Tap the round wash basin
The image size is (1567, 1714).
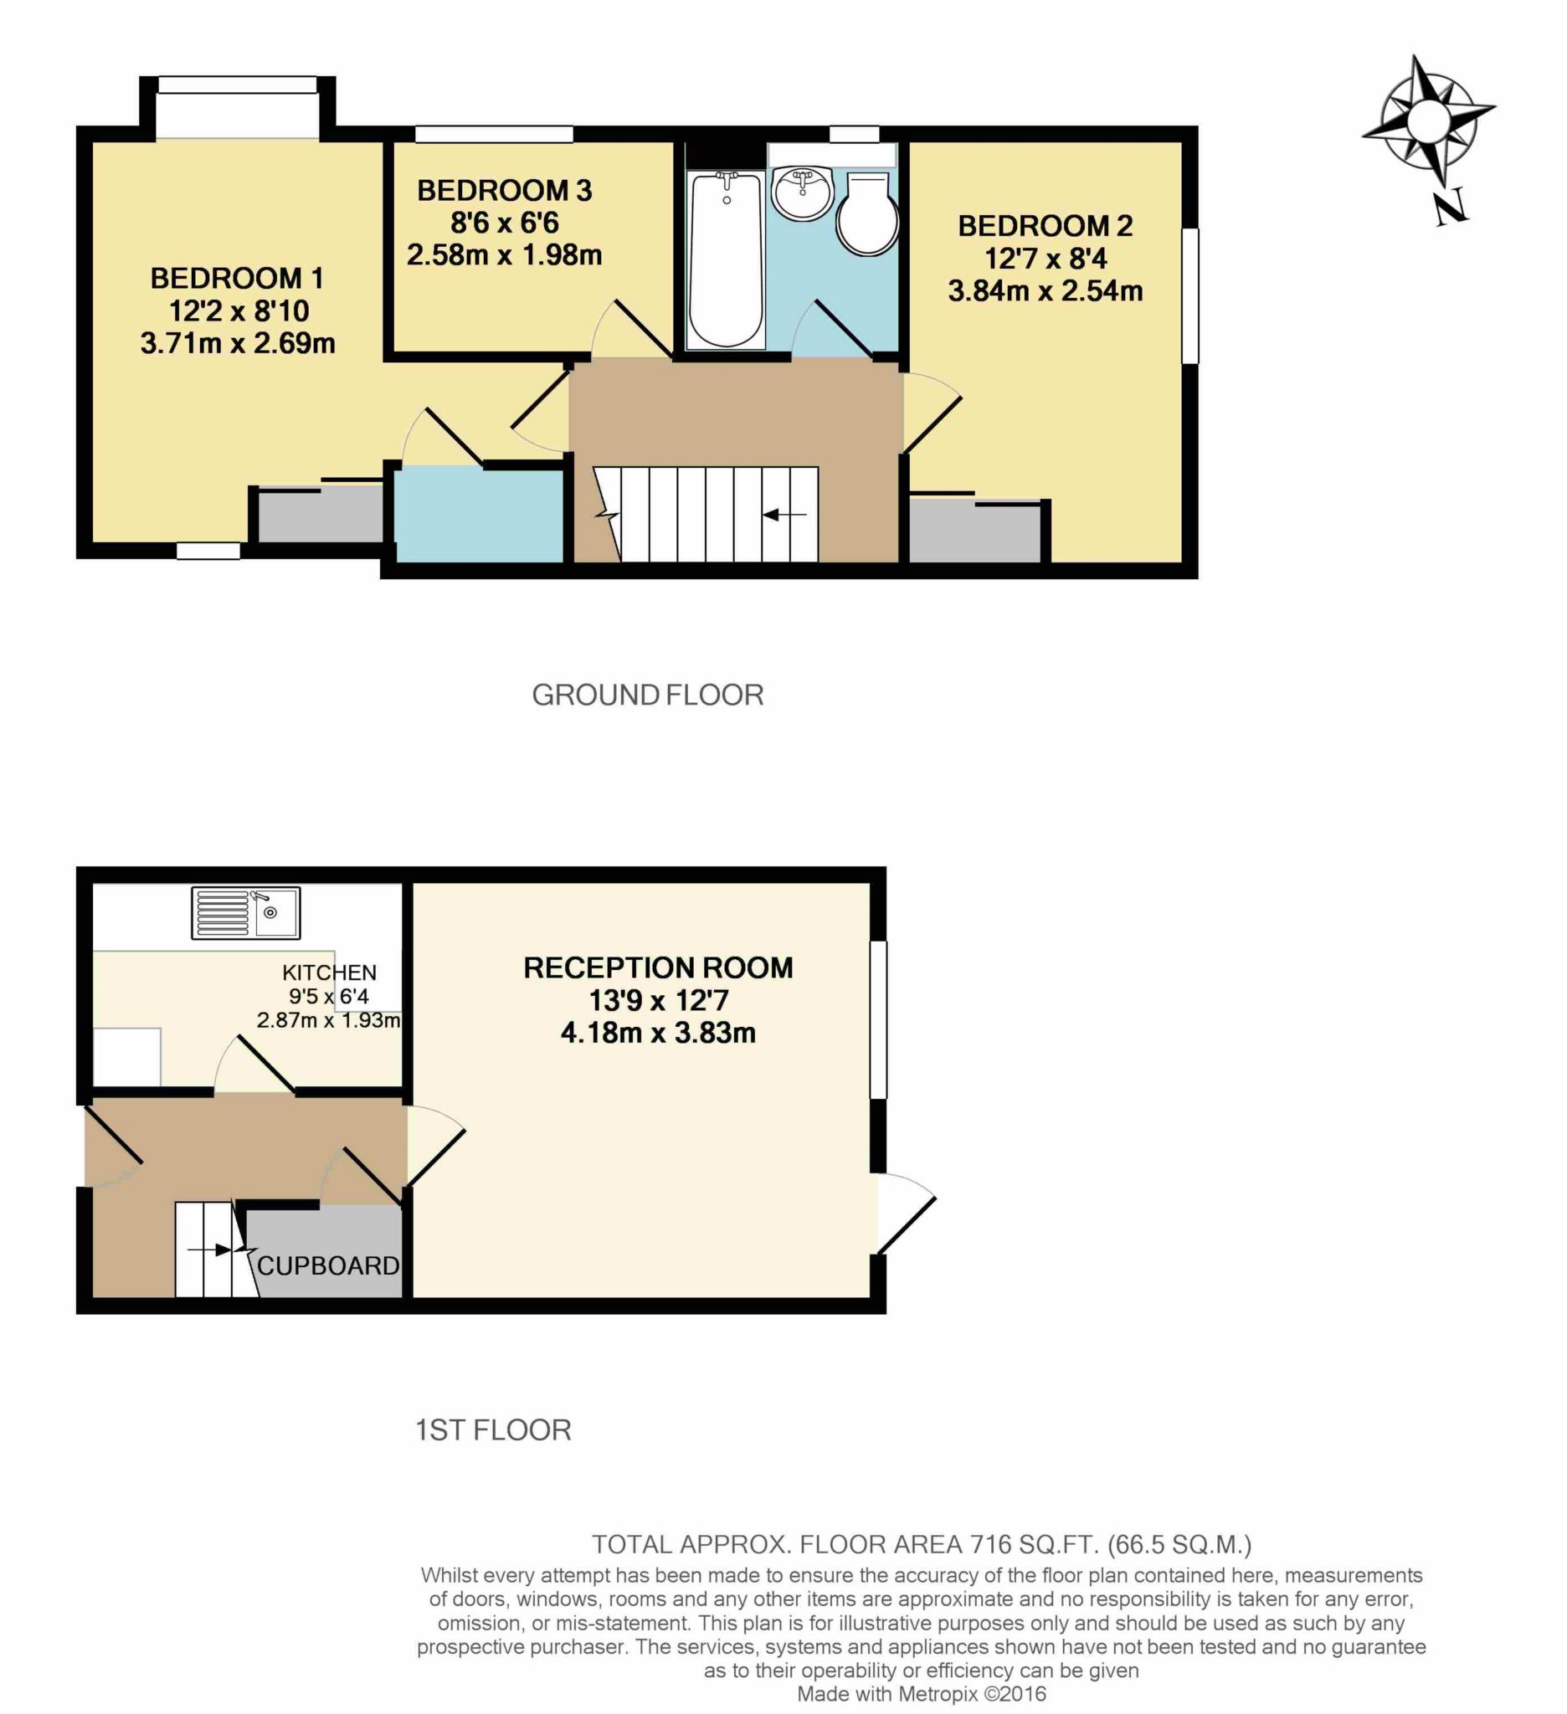pyautogui.click(x=802, y=192)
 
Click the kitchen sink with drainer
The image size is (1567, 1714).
pyautogui.click(x=246, y=913)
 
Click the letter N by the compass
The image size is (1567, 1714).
pyautogui.click(x=1450, y=208)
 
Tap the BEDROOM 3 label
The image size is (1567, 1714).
pyautogui.click(x=504, y=191)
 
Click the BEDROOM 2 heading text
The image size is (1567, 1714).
pyautogui.click(x=1045, y=226)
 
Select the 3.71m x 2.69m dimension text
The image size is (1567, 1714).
pyautogui.click(x=238, y=343)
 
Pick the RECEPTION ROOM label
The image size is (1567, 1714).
pyautogui.click(x=658, y=967)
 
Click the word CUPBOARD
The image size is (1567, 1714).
pyautogui.click(x=328, y=1266)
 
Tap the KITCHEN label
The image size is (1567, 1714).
pyautogui.click(x=329, y=972)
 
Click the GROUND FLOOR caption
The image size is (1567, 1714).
pyautogui.click(x=647, y=695)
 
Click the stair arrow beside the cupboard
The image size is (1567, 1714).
pyautogui.click(x=210, y=1250)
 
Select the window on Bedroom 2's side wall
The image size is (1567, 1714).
pyautogui.click(x=1190, y=295)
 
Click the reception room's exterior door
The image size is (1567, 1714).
pyautogui.click(x=907, y=1213)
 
